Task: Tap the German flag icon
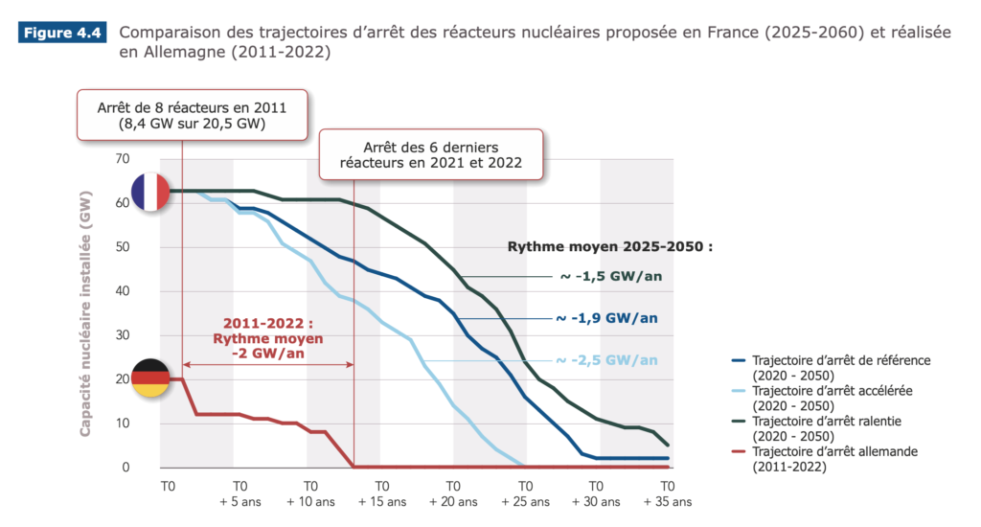[x=149, y=378]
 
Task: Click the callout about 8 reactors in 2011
[x=192, y=115]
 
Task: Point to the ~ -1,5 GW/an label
[x=610, y=277]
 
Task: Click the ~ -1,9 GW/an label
[x=607, y=318]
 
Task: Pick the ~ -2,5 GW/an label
[x=607, y=360]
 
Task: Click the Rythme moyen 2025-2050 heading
[x=610, y=246]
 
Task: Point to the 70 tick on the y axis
[x=121, y=159]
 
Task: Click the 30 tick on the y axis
[x=121, y=335]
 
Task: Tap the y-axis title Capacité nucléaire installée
[x=86, y=312]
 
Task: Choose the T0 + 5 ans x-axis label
[x=240, y=493]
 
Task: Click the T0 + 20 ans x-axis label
[x=454, y=493]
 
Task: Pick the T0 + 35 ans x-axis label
[x=668, y=493]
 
